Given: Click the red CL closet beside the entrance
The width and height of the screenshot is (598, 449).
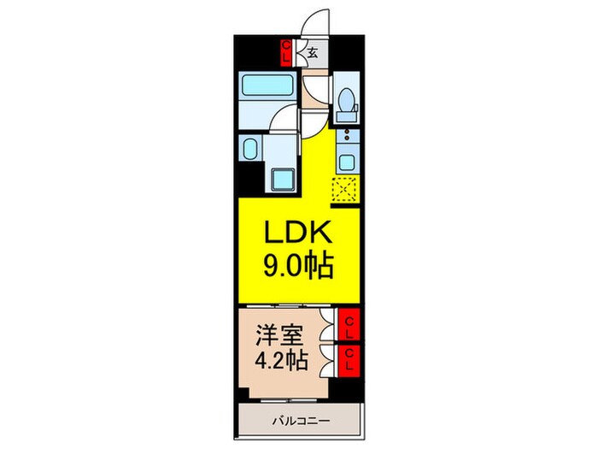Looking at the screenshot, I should click(287, 52).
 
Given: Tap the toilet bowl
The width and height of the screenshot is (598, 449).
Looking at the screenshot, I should click(346, 104).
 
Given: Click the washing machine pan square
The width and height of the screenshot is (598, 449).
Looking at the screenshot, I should click(282, 180).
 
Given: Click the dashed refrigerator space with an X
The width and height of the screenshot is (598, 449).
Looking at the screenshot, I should click(346, 189).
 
